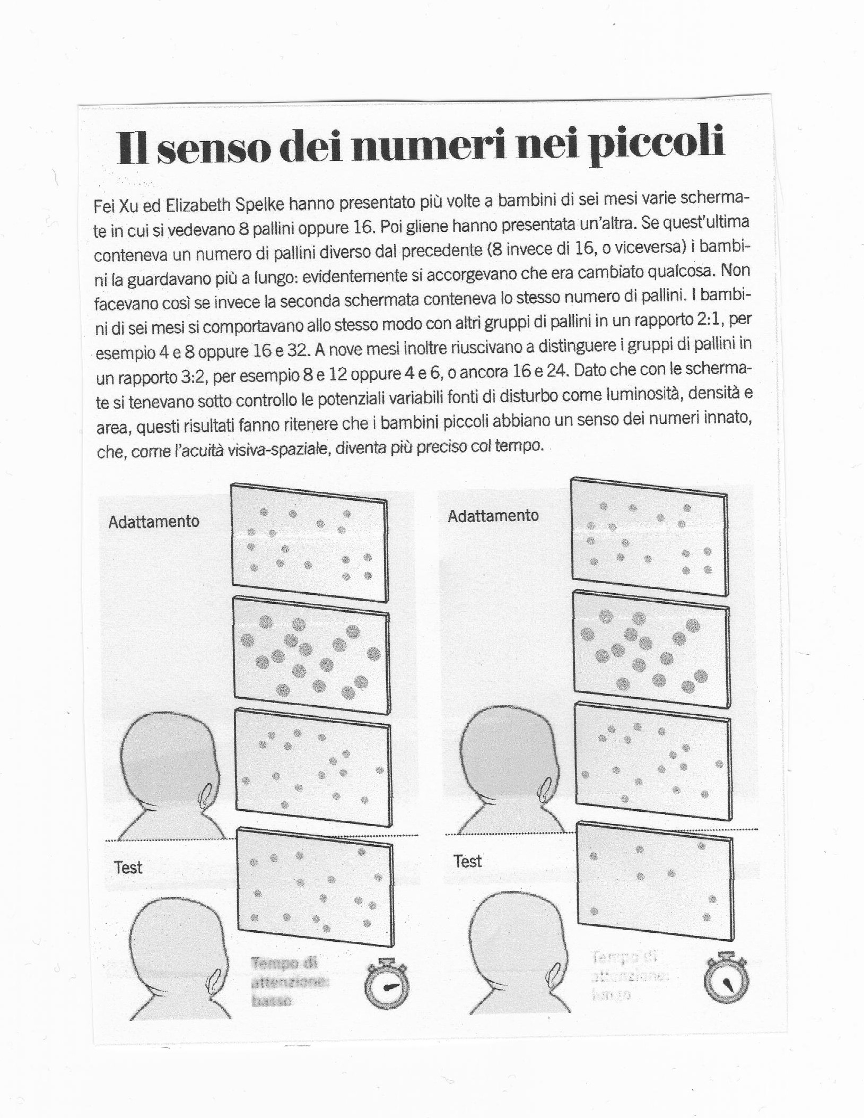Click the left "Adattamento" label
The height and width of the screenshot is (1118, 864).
[x=154, y=522]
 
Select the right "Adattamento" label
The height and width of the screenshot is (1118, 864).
[x=493, y=516]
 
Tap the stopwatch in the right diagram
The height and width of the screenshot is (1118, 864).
[x=726, y=981]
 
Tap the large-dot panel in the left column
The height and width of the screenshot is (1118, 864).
[x=311, y=657]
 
